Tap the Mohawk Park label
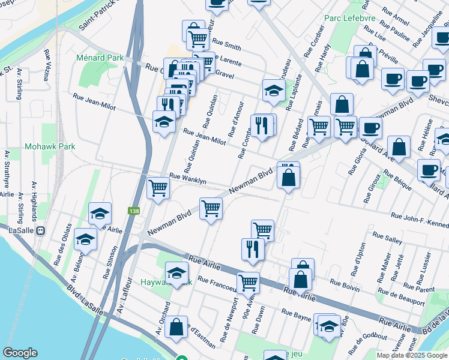coord(50,146)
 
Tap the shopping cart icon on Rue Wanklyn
coord(158,188)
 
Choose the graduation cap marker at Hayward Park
coord(176,273)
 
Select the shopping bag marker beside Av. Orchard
coord(176,327)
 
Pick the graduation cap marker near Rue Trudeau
coord(273,91)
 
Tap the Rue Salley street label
coord(387,237)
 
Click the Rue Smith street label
coord(226,46)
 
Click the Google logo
coord(20,353)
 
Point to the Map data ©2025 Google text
coord(412,355)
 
